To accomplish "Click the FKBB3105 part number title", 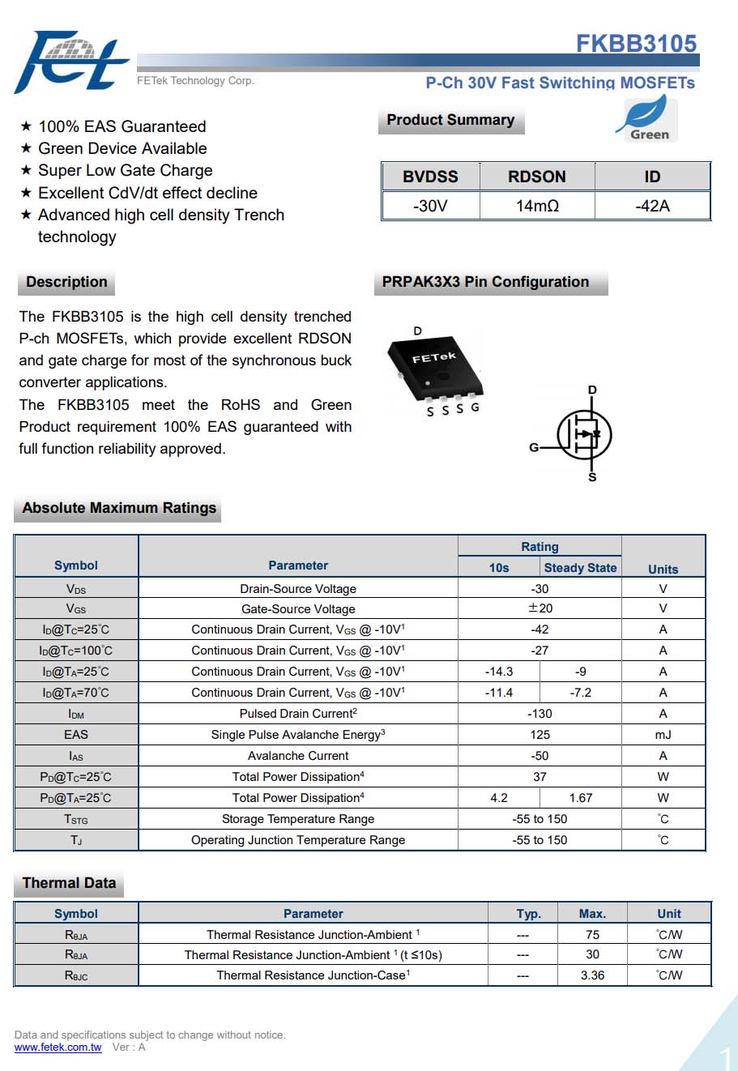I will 636,43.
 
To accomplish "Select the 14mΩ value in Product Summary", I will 537,206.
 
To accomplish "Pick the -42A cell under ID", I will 652,206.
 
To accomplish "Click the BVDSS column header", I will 430,177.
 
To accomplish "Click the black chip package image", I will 435,365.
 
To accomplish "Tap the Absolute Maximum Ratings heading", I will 119,508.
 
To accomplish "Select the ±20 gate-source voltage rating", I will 540,608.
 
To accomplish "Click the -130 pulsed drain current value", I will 540,714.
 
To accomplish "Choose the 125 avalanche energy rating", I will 540,735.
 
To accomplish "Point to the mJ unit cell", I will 663,735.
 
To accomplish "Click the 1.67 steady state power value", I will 580,798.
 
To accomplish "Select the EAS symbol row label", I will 76,735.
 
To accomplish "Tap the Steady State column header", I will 580,568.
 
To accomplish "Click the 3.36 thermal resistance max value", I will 592,975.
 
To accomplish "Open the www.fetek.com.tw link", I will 58,1048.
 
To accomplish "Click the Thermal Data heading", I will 69,883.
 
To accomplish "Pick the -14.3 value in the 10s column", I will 499,672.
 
